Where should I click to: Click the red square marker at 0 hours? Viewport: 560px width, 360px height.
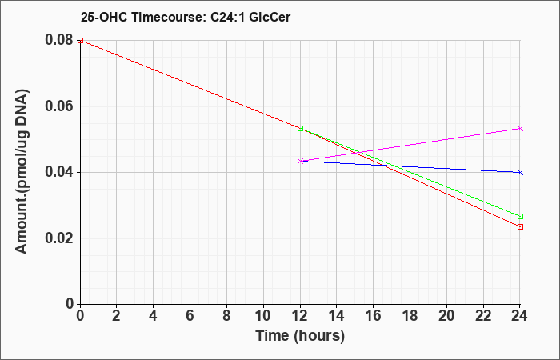tap(80, 40)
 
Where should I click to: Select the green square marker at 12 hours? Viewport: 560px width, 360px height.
tap(300, 128)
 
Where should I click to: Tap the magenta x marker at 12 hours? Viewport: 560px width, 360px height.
tap(300, 161)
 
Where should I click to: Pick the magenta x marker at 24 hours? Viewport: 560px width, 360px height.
tap(520, 128)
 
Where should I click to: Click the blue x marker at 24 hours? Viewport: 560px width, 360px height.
tap(520, 173)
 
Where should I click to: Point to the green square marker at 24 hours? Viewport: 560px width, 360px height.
tap(520, 217)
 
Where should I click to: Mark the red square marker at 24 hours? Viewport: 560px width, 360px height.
tap(520, 226)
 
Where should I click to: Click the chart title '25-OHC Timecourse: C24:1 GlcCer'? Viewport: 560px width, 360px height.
tap(186, 17)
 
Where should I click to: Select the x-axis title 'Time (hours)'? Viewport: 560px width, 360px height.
tap(300, 336)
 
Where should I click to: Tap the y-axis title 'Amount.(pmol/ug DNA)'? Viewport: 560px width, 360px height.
tap(22, 172)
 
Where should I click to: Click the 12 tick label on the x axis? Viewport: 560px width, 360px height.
tap(300, 316)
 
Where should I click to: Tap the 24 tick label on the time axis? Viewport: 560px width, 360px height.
tap(519, 316)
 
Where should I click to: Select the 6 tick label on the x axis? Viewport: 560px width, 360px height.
tap(190, 316)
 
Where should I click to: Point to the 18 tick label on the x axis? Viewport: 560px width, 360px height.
tap(410, 316)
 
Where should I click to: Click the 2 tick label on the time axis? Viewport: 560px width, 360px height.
tap(117, 316)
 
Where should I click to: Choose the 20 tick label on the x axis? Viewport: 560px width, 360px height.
tap(446, 316)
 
